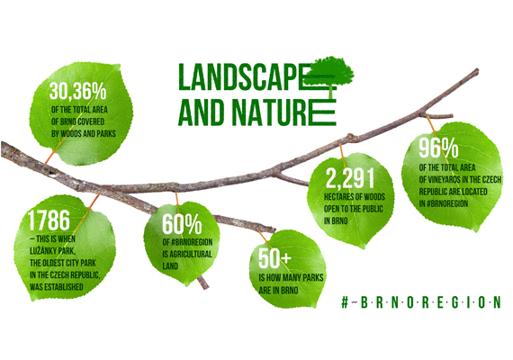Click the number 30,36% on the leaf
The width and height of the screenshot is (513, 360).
(x=78, y=90)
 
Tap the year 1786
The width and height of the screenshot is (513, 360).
(x=49, y=220)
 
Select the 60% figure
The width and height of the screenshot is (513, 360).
(x=182, y=224)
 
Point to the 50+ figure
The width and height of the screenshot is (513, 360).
(x=274, y=258)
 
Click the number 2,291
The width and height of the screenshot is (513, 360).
(x=350, y=178)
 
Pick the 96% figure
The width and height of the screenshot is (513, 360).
(x=438, y=148)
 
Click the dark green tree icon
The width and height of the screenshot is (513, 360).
(x=330, y=74)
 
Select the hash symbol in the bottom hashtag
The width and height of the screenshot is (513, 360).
(x=345, y=302)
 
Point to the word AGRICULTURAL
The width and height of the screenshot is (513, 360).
(x=191, y=254)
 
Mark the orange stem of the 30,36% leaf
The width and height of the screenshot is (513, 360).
(x=52, y=153)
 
